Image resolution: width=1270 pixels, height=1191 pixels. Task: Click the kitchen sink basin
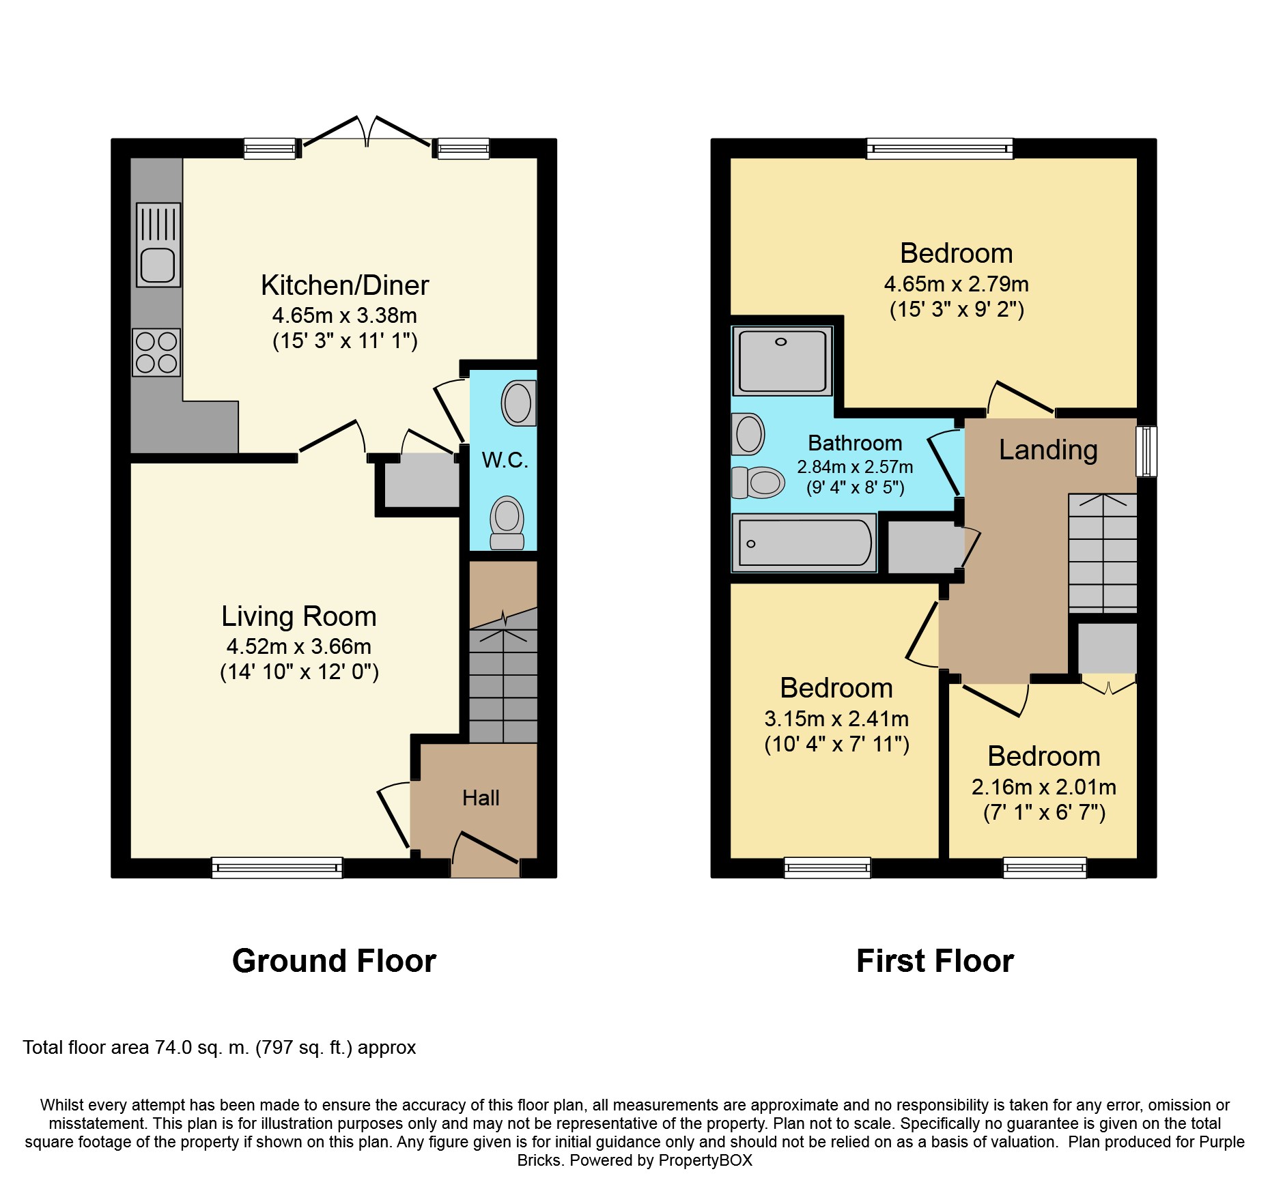158,265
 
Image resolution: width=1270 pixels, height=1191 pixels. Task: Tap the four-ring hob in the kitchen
156,352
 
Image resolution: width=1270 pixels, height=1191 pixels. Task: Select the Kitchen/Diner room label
345,285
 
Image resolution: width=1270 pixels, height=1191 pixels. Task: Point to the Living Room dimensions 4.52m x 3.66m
299,646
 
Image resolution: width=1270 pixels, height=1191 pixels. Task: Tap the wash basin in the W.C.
519,403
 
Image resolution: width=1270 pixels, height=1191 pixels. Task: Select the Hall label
481,798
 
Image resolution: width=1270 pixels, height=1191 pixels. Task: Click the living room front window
277,867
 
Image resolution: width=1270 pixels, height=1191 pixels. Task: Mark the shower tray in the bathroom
782,361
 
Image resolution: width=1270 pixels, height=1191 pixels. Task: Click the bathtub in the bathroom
804,543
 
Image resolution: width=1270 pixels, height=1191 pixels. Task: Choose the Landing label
1048,450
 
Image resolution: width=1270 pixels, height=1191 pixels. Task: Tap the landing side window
1146,451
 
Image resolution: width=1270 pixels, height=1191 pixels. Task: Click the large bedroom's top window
940,148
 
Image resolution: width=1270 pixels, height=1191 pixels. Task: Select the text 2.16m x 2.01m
1044,787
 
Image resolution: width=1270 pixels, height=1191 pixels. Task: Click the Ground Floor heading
334,961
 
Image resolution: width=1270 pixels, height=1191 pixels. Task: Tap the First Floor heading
935,961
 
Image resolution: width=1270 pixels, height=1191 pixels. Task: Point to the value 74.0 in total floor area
173,1048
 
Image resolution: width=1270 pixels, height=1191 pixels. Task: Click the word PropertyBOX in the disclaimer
705,1160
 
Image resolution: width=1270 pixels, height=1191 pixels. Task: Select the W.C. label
505,460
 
